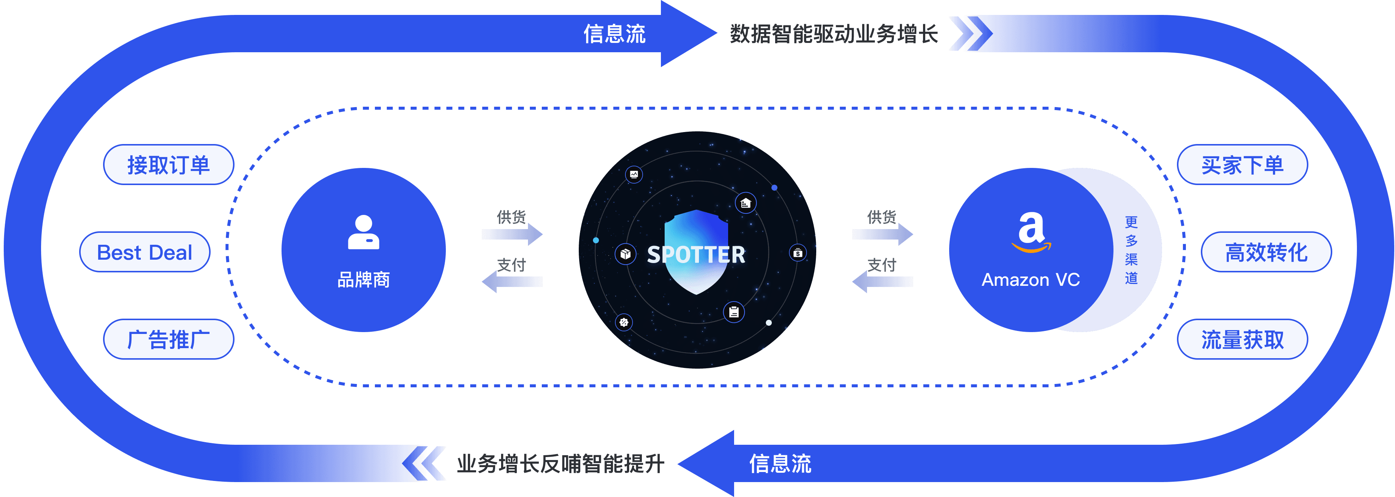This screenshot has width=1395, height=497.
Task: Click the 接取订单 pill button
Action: click(x=168, y=165)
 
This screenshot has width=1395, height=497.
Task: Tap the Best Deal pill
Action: click(x=145, y=252)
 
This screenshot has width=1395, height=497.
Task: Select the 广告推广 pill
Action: click(x=168, y=340)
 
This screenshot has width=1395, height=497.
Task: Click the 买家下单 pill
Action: click(x=1242, y=165)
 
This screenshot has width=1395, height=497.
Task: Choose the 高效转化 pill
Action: click(x=1266, y=252)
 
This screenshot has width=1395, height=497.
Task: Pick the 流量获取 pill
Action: click(x=1242, y=340)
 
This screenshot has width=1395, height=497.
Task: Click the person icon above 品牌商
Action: click(x=363, y=233)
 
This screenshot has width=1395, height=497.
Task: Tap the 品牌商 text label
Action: click(x=363, y=280)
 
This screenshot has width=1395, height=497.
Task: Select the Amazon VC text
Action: click(x=1031, y=280)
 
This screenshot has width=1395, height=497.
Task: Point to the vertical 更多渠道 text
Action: click(x=1131, y=250)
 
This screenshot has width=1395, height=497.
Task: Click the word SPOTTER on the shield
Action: click(x=696, y=254)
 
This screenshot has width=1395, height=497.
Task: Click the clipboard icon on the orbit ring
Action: click(x=734, y=312)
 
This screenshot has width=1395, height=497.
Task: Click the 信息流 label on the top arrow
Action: click(x=614, y=34)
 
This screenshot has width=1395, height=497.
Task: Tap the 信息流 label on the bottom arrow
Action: click(x=780, y=463)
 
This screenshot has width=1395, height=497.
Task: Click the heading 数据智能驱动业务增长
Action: click(x=833, y=34)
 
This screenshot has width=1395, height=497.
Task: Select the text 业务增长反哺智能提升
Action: click(x=560, y=463)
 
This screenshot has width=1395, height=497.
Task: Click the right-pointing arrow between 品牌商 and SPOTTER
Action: click(x=512, y=234)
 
